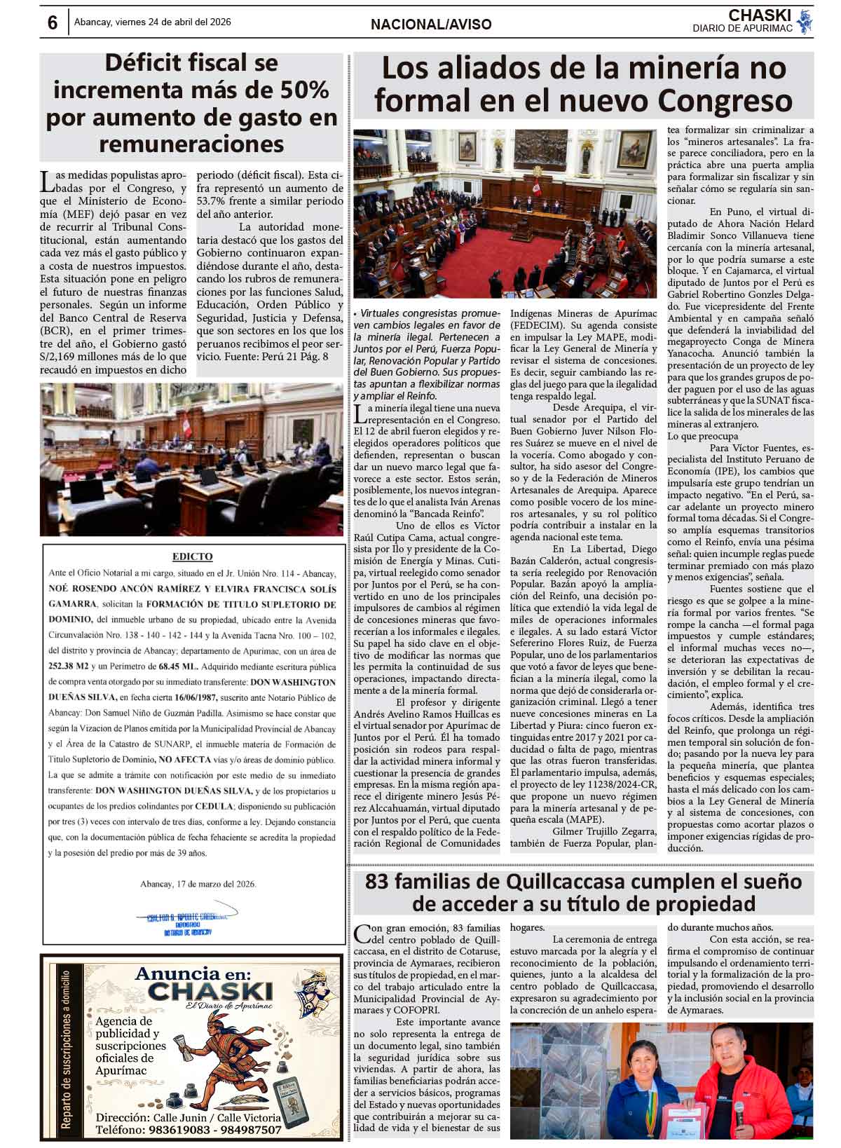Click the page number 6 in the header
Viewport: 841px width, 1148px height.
53,23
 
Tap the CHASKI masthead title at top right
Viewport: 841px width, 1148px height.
759,15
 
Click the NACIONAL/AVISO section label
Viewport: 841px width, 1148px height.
431,25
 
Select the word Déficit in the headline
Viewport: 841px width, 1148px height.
145,64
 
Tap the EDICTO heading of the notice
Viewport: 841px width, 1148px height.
192,556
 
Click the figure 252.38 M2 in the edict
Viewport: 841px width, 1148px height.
71,667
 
